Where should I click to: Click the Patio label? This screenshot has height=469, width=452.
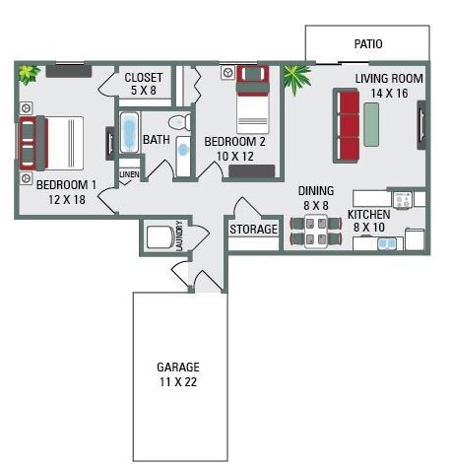point(367,44)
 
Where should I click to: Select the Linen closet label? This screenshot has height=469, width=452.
point(129,174)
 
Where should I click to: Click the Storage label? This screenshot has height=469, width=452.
point(254,230)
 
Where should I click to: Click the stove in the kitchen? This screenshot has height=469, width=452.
point(402,199)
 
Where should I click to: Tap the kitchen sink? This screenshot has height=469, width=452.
point(387,241)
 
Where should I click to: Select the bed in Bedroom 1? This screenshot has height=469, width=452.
point(49,144)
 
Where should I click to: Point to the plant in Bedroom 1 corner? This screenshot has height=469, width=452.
point(28,73)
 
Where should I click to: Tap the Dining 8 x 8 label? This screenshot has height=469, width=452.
point(316,198)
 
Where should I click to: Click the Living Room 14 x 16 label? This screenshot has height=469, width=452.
point(389,86)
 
